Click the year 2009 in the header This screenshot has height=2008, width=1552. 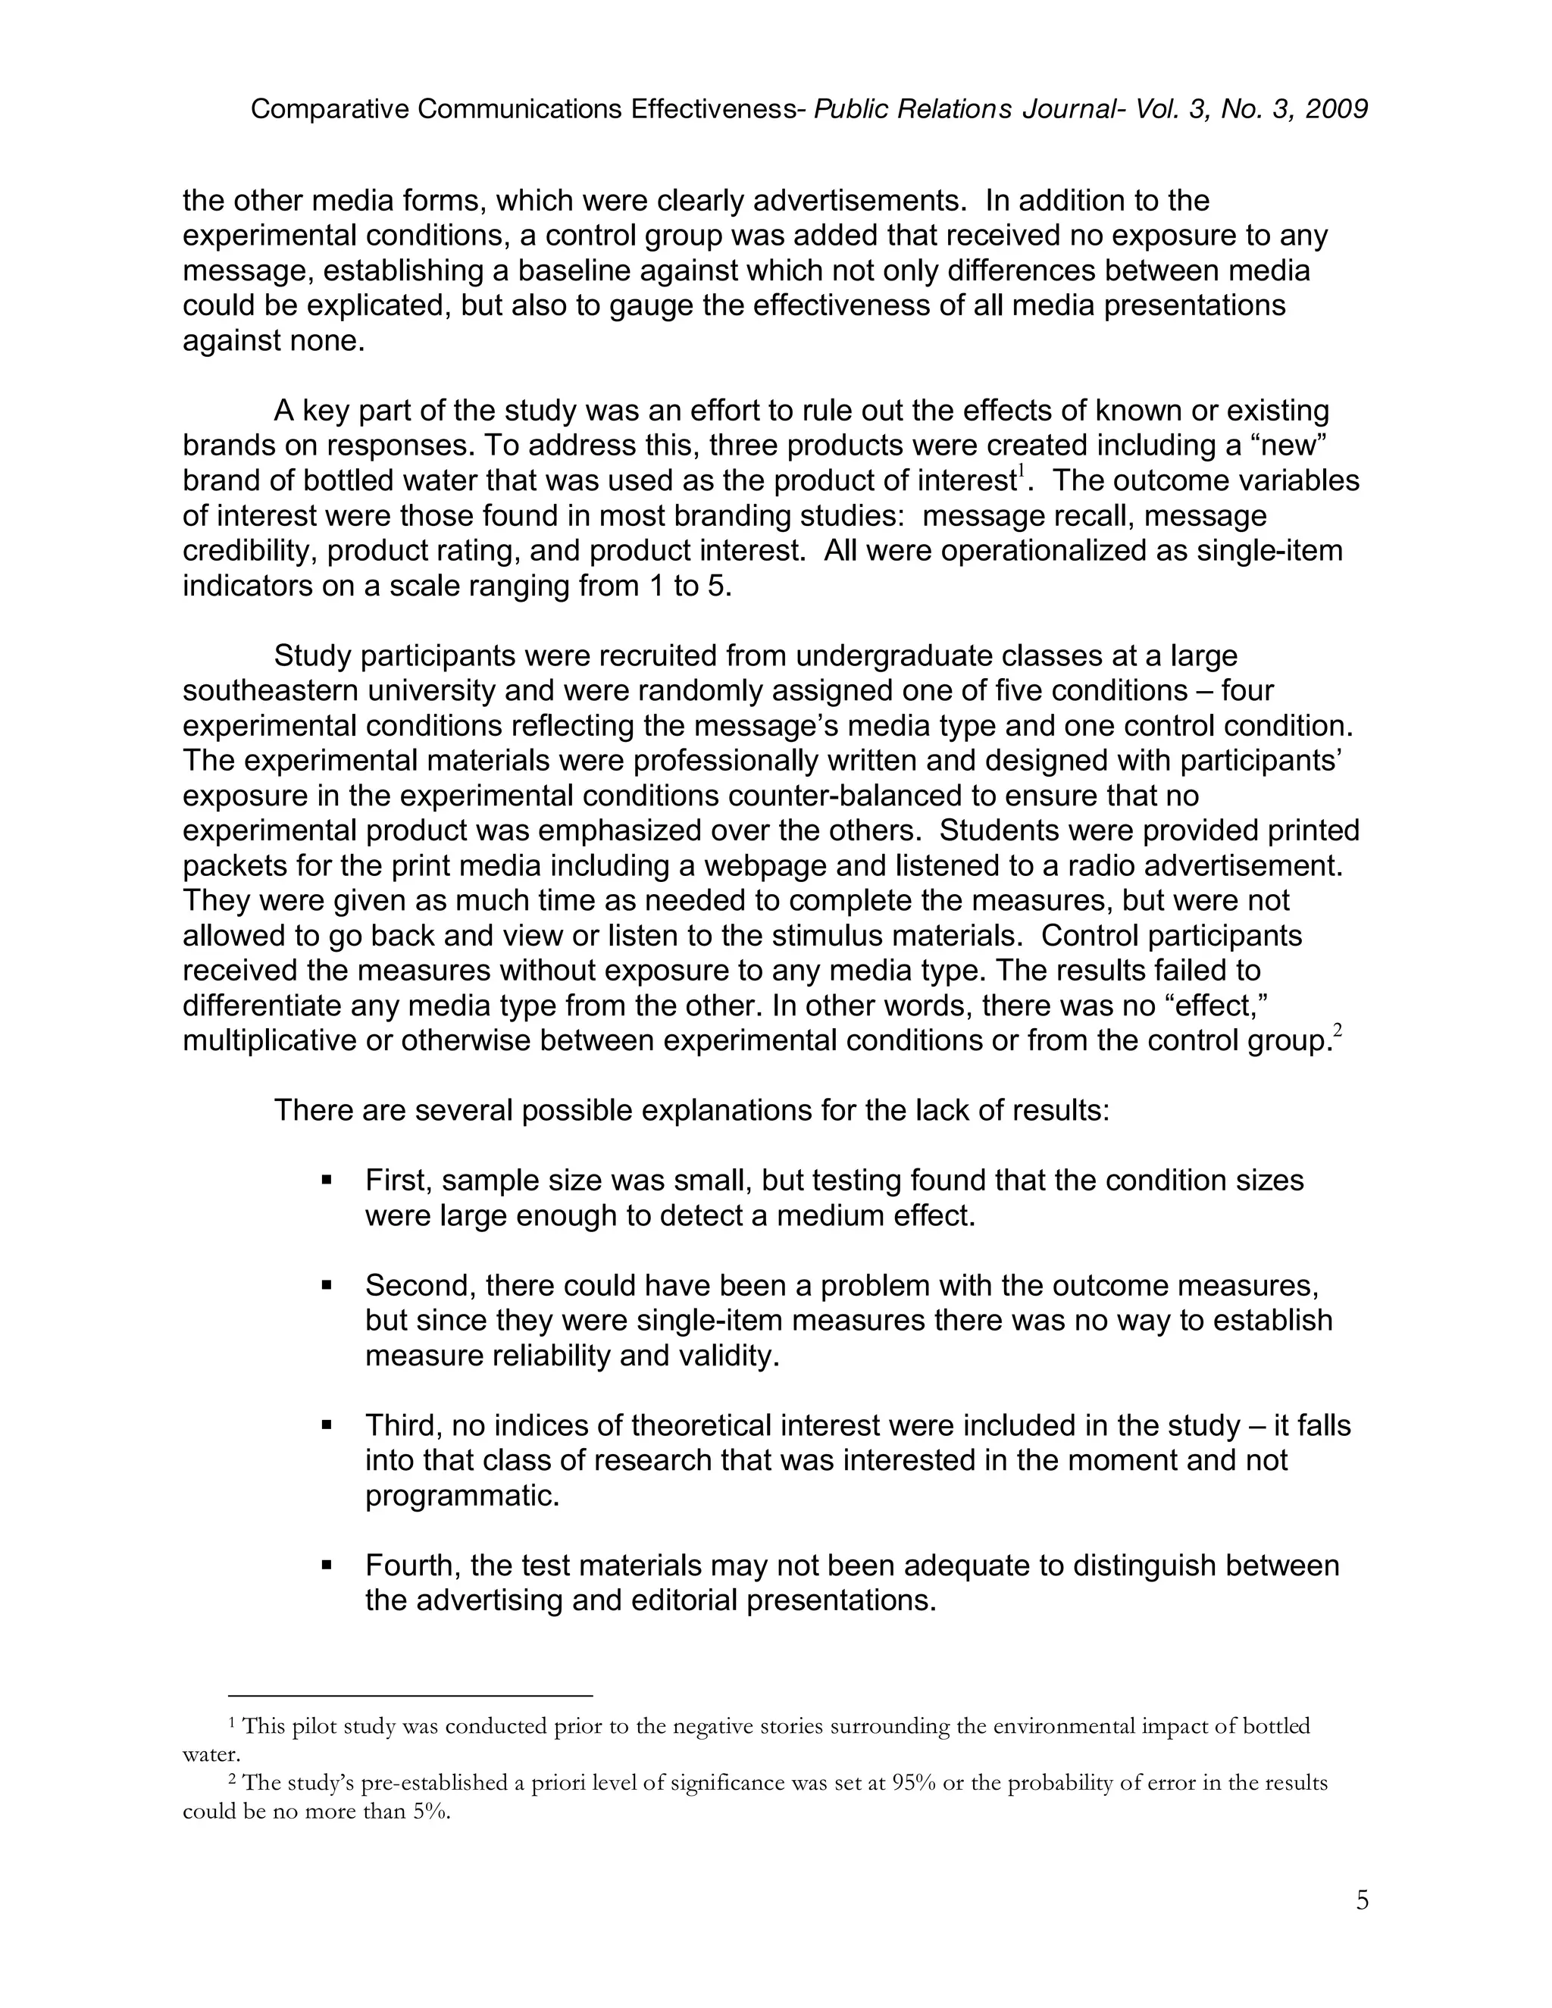tap(1336, 109)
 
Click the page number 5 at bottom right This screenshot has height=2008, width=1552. tap(1362, 1900)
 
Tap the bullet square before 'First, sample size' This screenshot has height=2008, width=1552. tap(327, 1179)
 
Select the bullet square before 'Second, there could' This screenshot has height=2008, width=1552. tap(327, 1284)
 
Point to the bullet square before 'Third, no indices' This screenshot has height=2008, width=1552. tap(327, 1425)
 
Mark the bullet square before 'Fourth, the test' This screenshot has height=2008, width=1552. tap(327, 1565)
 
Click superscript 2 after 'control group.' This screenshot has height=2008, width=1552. tap(1337, 1031)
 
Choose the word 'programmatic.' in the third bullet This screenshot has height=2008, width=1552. tap(462, 1496)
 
